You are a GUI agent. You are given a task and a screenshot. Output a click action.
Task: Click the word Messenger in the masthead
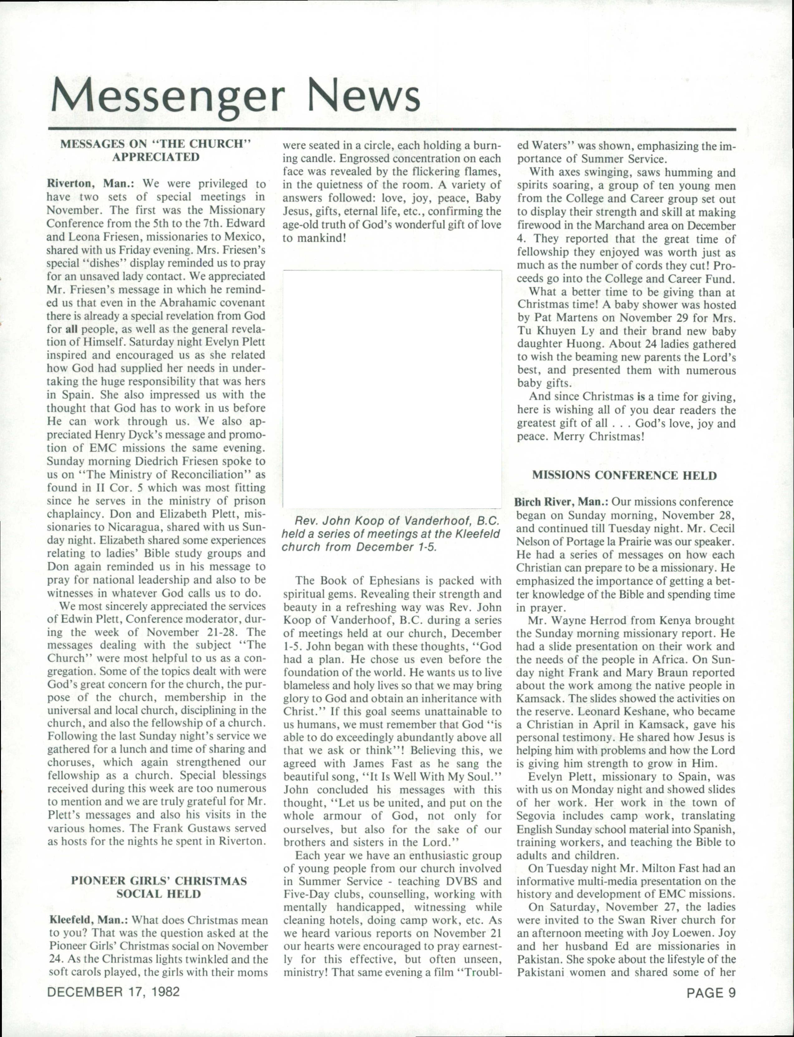point(168,97)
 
